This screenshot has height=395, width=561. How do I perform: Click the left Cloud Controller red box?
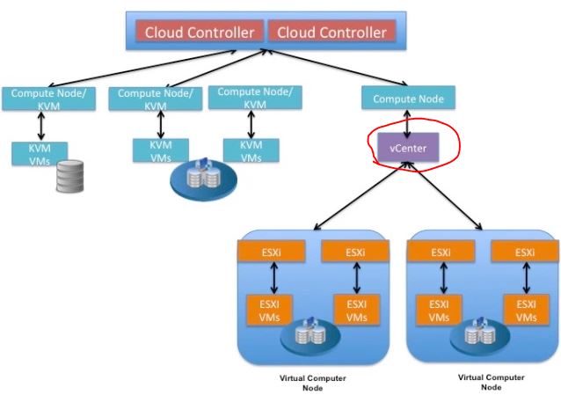pyautogui.click(x=200, y=33)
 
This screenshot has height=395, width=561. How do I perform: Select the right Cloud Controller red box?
pyautogui.click(x=331, y=33)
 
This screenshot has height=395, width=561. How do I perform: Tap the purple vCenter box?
pyautogui.click(x=408, y=148)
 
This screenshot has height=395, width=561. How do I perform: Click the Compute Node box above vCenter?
pyautogui.click(x=408, y=99)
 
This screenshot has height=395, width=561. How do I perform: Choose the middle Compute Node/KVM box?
pyautogui.click(x=150, y=98)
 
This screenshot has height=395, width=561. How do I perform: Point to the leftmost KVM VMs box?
pyautogui.click(x=39, y=151)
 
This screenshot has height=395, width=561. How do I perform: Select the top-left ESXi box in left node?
pyautogui.click(x=271, y=253)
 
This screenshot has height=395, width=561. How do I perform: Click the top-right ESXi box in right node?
pyautogui.click(x=525, y=253)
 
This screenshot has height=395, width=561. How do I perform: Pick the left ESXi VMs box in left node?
pyautogui.click(x=270, y=310)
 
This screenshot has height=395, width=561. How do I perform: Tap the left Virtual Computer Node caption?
pyautogui.click(x=312, y=383)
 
